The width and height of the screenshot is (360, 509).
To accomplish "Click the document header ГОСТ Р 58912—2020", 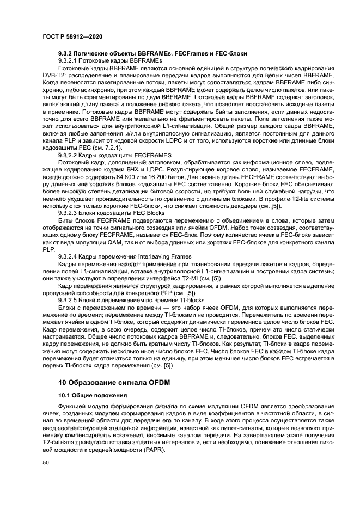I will point(72,36).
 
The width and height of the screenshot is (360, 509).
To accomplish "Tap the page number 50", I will point(46,462).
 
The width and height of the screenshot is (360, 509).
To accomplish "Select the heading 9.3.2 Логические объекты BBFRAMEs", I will point(153,53).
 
